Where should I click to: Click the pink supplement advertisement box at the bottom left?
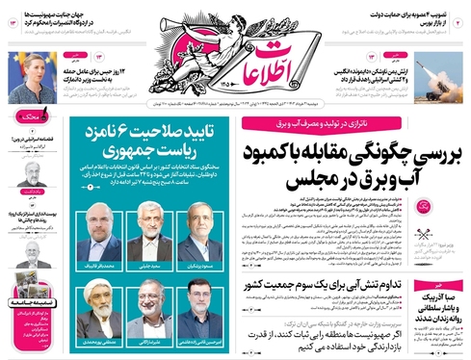click(x=34, y=318)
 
